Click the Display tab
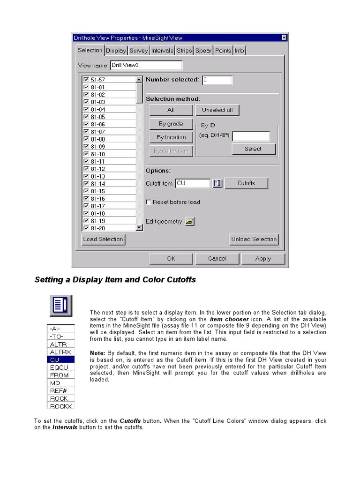[116, 51]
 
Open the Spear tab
[203, 51]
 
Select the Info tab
[239, 51]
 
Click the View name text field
[146, 66]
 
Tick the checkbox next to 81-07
[86, 132]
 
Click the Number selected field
[217, 80]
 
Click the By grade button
[171, 124]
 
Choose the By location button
[171, 137]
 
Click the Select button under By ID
[253, 149]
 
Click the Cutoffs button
[246, 183]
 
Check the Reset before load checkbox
[149, 202]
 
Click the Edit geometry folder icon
[189, 222]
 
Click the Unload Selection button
[254, 239]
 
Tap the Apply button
[263, 259]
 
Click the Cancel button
[217, 259]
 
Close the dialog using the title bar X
[284, 37]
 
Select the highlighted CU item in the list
[61, 360]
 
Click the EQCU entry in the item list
[61, 367]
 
